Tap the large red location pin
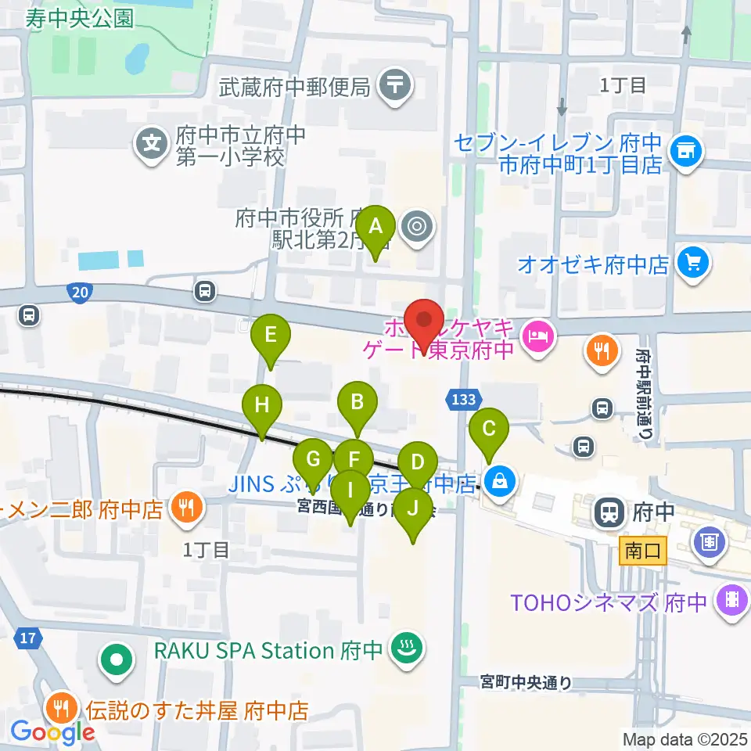[425, 325]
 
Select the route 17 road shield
[28, 638]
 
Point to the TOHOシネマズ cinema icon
[733, 599]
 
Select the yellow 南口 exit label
[643, 551]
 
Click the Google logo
[52, 732]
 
